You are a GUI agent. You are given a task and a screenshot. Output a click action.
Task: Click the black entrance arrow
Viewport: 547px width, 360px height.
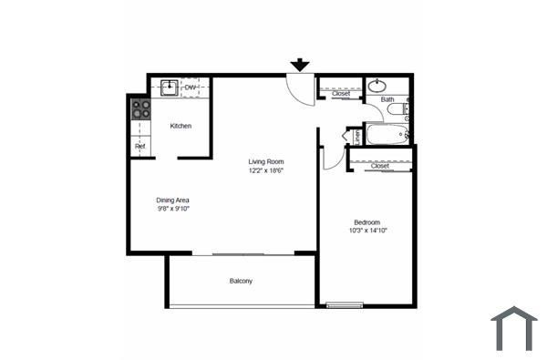[300, 65]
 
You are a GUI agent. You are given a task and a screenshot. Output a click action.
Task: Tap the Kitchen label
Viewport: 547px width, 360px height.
[181, 126]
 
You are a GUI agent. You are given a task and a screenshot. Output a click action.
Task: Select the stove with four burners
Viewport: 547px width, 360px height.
[140, 110]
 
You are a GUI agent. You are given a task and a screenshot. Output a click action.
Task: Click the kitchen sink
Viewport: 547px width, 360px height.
[169, 88]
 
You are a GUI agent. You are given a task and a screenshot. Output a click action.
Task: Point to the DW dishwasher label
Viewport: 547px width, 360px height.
[191, 87]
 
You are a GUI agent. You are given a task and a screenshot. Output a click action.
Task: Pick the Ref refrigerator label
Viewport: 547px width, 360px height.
[139, 146]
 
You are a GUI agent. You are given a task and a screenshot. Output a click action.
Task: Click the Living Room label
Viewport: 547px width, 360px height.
[266, 161]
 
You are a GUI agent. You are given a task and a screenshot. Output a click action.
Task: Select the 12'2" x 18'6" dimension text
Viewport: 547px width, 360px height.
[266, 170]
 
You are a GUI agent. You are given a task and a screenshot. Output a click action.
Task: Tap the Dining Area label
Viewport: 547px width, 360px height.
[172, 200]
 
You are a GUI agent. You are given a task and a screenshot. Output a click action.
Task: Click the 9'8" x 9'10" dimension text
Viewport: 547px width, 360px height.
[172, 209]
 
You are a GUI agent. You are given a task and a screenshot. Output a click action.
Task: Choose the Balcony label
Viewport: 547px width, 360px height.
[241, 281]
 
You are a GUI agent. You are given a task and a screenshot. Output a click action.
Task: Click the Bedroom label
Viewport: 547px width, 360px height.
[367, 221]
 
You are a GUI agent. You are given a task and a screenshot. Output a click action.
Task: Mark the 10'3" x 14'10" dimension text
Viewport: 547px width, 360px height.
[367, 231]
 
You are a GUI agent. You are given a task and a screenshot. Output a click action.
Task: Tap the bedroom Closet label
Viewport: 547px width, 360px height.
[380, 166]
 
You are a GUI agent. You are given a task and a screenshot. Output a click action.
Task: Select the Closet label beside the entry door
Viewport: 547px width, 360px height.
[341, 94]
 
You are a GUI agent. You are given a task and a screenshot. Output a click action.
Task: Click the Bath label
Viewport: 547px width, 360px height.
[387, 99]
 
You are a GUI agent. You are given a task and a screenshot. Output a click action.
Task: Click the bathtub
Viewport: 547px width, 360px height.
[387, 136]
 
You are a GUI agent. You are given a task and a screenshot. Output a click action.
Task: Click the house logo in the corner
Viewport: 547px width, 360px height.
[514, 328]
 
